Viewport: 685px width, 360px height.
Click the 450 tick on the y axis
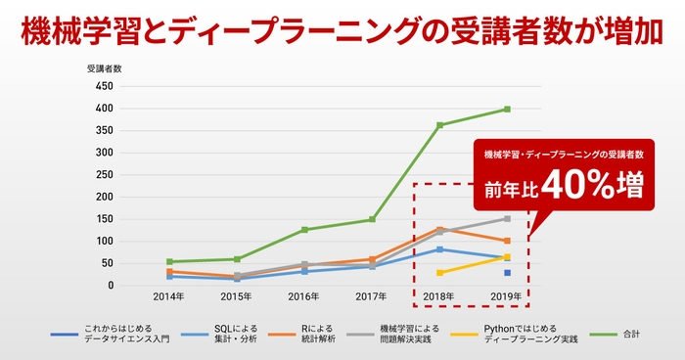(x=103, y=86)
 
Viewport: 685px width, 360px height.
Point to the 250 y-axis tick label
(x=103, y=174)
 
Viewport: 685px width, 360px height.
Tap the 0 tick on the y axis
(x=109, y=286)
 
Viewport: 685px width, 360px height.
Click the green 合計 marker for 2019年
(x=507, y=110)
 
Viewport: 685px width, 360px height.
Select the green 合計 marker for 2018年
(x=439, y=125)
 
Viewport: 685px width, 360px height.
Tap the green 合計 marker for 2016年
(x=304, y=230)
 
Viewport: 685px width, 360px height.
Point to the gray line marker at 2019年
(x=507, y=219)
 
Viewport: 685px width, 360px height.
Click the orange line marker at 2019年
(x=507, y=241)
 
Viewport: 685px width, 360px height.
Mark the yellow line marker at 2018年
(x=439, y=273)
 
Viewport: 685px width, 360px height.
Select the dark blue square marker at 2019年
(x=507, y=273)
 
